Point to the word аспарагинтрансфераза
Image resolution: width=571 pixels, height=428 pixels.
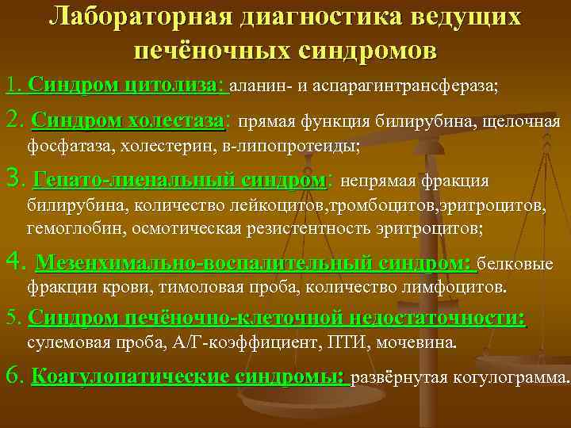[x=414, y=86]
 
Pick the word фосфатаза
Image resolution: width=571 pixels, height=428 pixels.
[x=67, y=146]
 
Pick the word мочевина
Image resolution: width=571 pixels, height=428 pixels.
[x=419, y=344]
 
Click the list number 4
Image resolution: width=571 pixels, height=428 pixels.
[x=12, y=262]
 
